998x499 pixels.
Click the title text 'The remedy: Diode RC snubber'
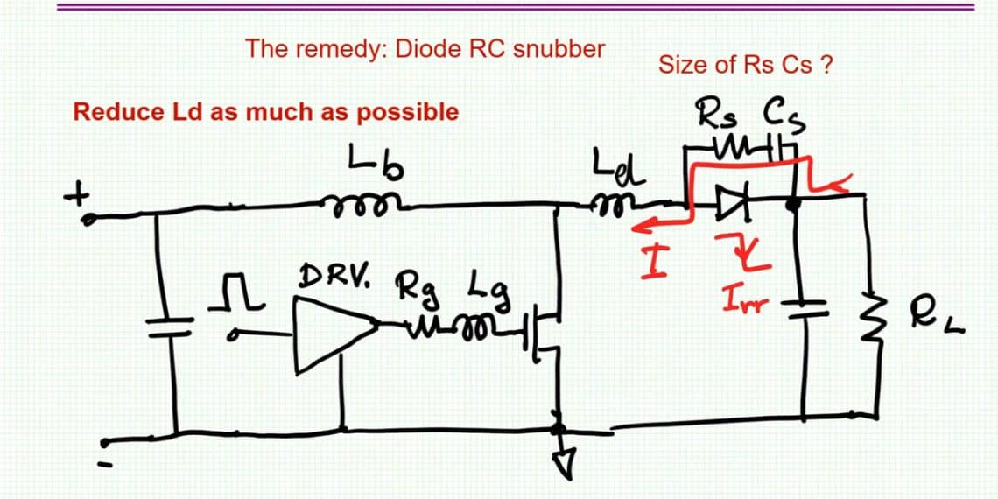(x=425, y=48)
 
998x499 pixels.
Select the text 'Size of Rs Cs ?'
(x=744, y=65)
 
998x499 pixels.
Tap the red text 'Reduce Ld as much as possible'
(x=265, y=112)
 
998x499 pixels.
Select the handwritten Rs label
(x=718, y=115)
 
